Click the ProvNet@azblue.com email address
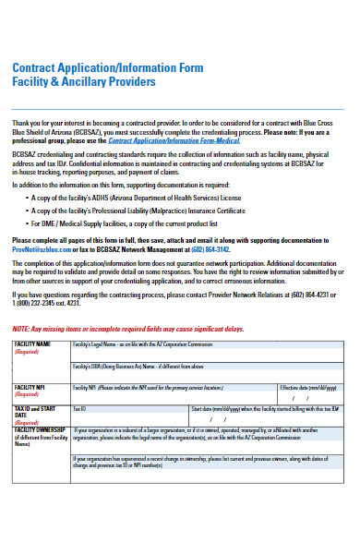41,249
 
